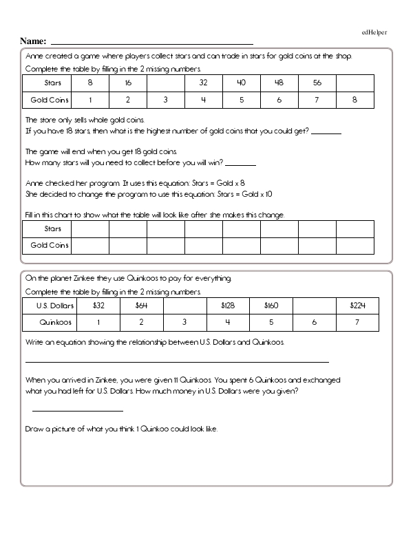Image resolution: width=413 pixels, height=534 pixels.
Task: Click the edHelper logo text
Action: click(x=375, y=32)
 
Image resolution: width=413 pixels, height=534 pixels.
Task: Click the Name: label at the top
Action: click(x=34, y=41)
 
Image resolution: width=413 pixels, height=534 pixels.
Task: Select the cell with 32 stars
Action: click(x=203, y=83)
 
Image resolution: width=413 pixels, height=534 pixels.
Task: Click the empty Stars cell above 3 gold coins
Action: click(x=165, y=83)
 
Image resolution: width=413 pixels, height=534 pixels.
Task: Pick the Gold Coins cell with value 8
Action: click(x=354, y=100)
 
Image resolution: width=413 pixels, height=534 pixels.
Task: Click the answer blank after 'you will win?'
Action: click(x=241, y=164)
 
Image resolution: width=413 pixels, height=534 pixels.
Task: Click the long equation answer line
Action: click(x=177, y=361)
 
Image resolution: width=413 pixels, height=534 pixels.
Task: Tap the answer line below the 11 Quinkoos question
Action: click(x=77, y=410)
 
